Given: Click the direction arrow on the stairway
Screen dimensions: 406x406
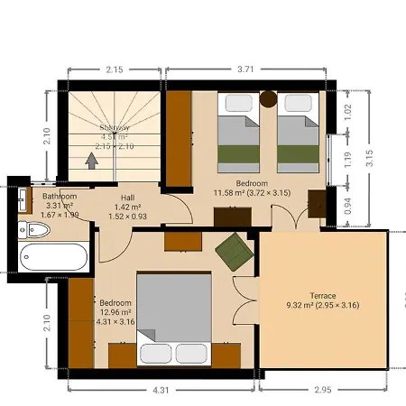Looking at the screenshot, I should pos(90,160).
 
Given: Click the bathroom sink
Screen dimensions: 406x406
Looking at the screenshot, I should pos(23,203).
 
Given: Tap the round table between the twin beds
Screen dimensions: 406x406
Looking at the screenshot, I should pos(268,100).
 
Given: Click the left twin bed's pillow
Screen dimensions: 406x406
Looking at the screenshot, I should pos(238,103).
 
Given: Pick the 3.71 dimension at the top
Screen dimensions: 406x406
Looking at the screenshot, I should pos(246,69).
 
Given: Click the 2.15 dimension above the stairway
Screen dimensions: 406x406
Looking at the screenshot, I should pos(114,69).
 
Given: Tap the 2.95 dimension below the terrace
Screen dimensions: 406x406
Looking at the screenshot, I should pos(322,391).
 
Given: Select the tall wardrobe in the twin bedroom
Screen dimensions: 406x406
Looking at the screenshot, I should pos(178,140).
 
